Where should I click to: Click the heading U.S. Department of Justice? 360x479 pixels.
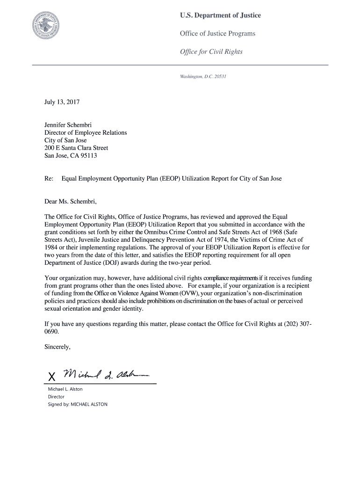[220, 16]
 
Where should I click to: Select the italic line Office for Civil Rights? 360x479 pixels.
[211, 51]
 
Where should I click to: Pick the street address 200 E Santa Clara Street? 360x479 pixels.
[76, 148]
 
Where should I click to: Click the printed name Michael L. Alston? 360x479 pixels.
[65, 389]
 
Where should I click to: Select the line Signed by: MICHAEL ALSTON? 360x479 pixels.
[78, 404]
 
